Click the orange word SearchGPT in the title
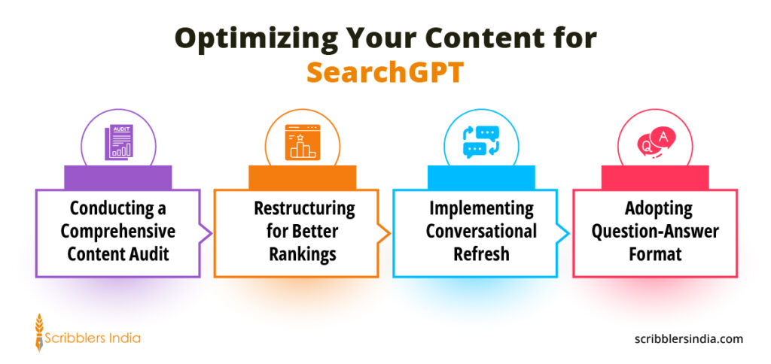[x=385, y=73]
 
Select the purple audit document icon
[x=118, y=143]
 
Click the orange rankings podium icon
[x=303, y=142]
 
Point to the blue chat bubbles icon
[x=481, y=142]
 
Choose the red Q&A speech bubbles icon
[x=655, y=141]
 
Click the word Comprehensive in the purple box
[x=118, y=232]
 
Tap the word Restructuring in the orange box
[x=304, y=208]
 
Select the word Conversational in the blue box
[x=481, y=232]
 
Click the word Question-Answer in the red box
[x=655, y=232]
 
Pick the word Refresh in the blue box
[x=481, y=254]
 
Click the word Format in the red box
[x=655, y=254]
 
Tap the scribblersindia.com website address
[x=688, y=338]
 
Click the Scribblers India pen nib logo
[x=39, y=332]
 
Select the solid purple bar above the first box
[x=118, y=177]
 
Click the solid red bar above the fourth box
[x=655, y=177]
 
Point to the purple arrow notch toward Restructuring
[x=206, y=233]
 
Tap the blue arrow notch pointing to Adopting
[x=563, y=233]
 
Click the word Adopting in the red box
[x=658, y=209]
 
